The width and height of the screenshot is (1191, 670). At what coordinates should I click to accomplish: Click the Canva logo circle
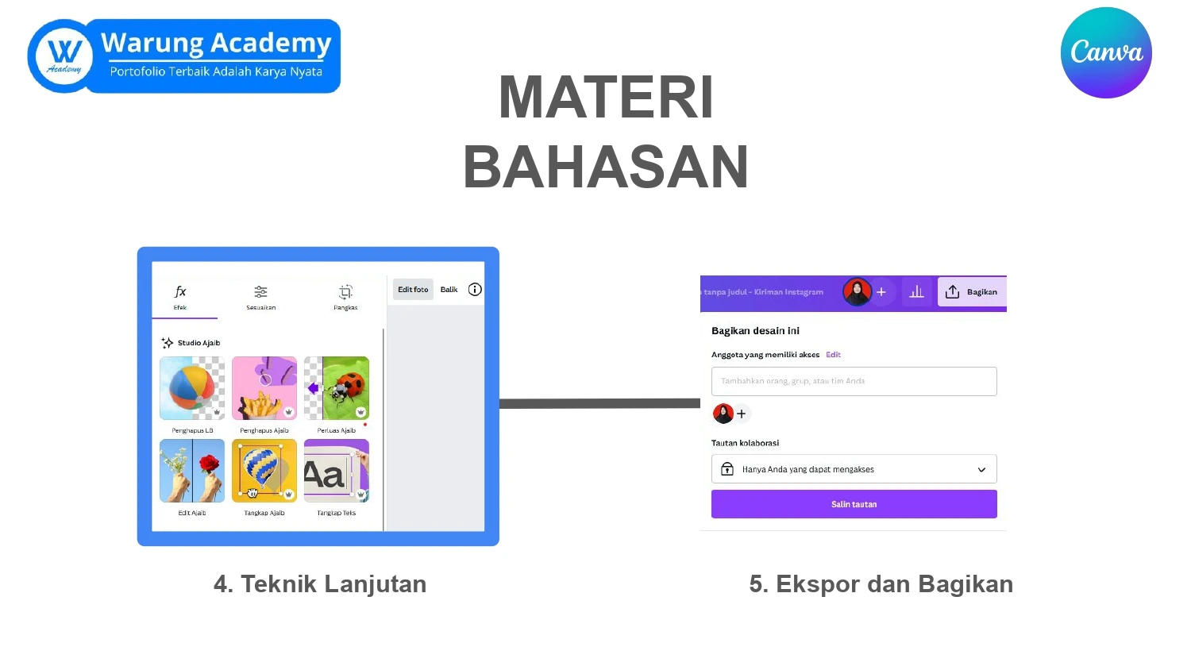[1106, 53]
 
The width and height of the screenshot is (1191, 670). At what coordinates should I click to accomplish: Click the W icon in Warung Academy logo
[64, 56]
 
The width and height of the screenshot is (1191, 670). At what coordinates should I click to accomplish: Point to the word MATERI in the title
[606, 98]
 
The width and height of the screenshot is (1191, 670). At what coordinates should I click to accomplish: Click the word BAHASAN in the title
[606, 167]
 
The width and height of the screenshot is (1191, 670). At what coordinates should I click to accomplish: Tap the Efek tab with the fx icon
[180, 297]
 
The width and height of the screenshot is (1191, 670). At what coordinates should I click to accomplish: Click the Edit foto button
[413, 290]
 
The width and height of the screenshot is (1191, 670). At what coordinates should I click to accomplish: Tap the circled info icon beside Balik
[475, 290]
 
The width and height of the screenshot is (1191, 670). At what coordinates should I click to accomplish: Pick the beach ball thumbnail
[192, 388]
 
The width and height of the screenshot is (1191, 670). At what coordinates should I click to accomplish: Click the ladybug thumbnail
[337, 388]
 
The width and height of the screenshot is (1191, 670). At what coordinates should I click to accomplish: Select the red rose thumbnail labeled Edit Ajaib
[192, 471]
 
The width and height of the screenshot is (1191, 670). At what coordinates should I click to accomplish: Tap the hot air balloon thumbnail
[264, 471]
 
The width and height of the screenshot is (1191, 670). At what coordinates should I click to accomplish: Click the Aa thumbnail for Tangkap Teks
[337, 471]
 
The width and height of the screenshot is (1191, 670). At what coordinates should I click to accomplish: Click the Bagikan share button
[972, 292]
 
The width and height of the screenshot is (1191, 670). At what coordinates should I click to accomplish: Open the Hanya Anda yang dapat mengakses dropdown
[854, 469]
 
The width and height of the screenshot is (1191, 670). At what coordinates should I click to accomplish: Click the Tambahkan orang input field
[854, 381]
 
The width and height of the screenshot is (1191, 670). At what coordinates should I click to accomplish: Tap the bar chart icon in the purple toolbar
[916, 292]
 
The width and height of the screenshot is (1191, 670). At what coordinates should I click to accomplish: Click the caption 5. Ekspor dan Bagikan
[881, 584]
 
